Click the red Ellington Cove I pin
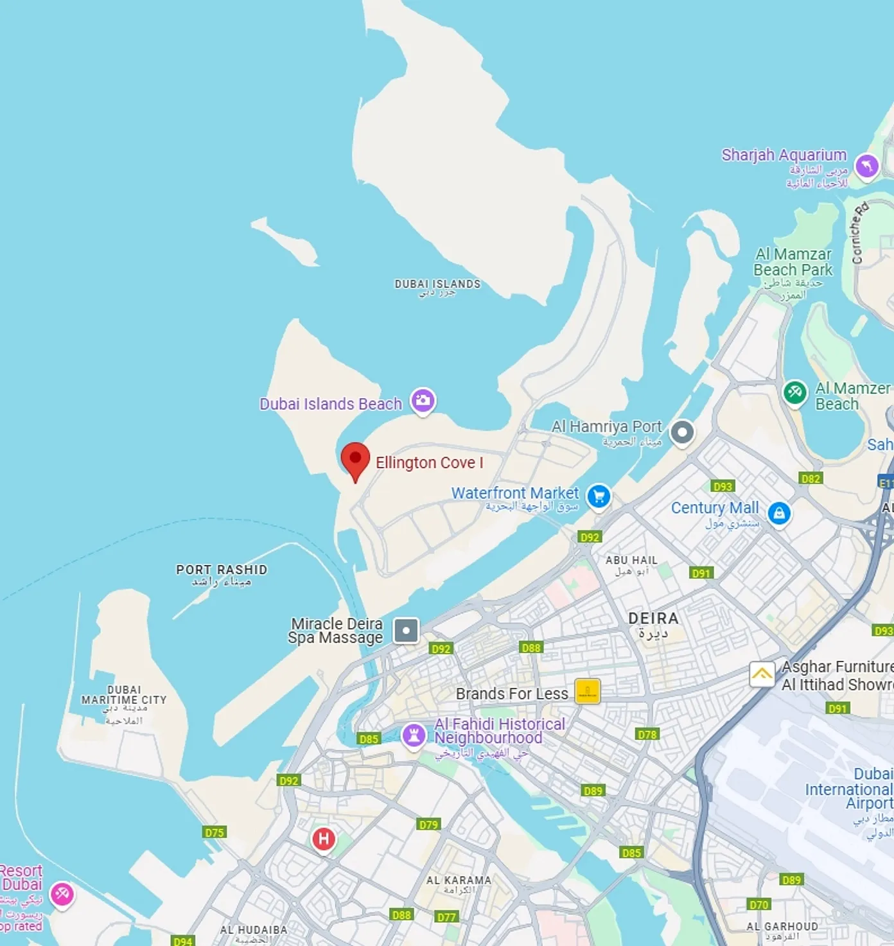coord(355,459)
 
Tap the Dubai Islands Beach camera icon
coord(423,401)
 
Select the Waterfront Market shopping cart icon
coord(599,496)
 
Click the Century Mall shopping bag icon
coord(779,513)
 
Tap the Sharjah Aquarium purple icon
coord(867,166)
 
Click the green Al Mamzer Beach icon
coord(794,392)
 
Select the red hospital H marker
coord(324,839)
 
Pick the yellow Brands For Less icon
coord(587,692)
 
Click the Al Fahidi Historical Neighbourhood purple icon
coord(414,735)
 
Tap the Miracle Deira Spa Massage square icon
coord(406,630)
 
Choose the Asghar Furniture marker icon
coord(762,674)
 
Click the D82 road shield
coord(811,478)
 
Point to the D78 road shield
coord(647,734)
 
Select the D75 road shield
coord(215,832)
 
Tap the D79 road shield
coord(428,824)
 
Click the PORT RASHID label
coord(222,570)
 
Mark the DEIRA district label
coord(653,618)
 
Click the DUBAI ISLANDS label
coord(437,284)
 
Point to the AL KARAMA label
coord(459,880)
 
